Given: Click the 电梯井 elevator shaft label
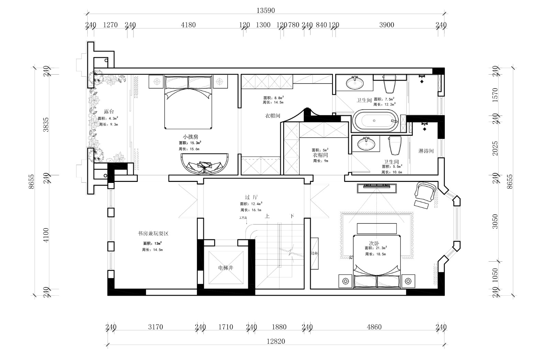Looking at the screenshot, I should [225, 268].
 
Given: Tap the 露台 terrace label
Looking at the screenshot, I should [109, 111].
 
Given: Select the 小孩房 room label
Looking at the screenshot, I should [190, 137].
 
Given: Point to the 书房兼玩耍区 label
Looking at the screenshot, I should [153, 233].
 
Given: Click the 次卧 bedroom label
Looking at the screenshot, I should [374, 243].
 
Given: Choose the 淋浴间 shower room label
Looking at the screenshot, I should [426, 151].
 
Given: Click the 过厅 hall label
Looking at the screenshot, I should [251, 197].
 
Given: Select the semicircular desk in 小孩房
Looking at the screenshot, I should [205, 164].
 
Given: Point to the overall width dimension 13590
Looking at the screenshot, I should [266, 11].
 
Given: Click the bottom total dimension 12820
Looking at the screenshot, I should [276, 341].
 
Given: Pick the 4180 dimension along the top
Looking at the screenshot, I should [188, 25].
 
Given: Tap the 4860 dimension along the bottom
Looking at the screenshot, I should [374, 327].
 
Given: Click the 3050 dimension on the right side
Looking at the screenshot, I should [495, 221].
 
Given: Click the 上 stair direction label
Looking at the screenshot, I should [267, 217].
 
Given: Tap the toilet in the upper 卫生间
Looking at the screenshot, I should [390, 85].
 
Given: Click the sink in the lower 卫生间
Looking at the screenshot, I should [365, 144].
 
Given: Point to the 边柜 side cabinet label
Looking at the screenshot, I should [315, 253].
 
